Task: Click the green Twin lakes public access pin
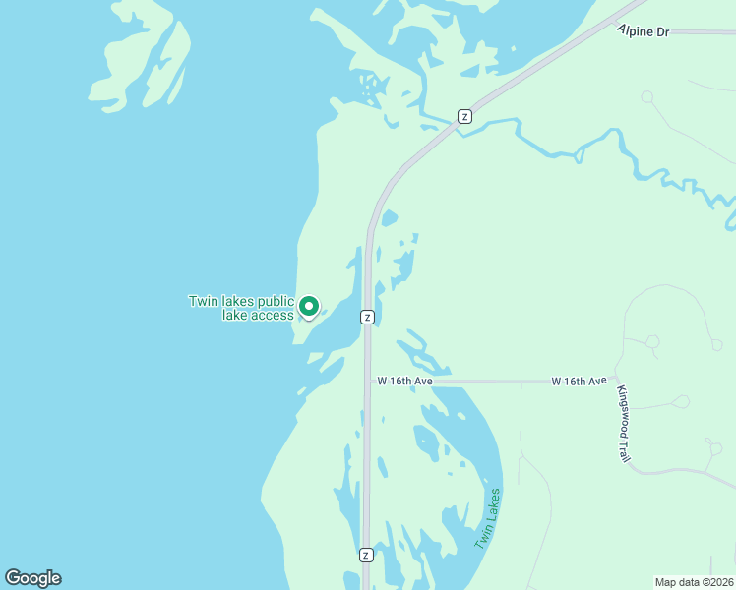pyautogui.click(x=308, y=307)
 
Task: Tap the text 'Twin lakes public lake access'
pyautogui.click(x=241, y=308)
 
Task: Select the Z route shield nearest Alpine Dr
pyautogui.click(x=464, y=116)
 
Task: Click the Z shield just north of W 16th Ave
pyautogui.click(x=366, y=317)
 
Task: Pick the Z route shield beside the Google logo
pyautogui.click(x=366, y=555)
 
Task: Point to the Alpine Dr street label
pyautogui.click(x=644, y=32)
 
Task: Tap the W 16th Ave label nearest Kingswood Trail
pyautogui.click(x=579, y=381)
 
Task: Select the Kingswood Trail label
pyautogui.click(x=623, y=424)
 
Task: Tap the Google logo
pyautogui.click(x=32, y=577)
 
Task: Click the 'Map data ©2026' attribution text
pyautogui.click(x=694, y=582)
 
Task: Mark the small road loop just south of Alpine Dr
pyautogui.click(x=647, y=96)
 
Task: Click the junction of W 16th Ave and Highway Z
pyautogui.click(x=368, y=381)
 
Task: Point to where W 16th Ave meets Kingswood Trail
pyautogui.click(x=618, y=379)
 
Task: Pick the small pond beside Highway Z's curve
pyautogui.click(x=389, y=217)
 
